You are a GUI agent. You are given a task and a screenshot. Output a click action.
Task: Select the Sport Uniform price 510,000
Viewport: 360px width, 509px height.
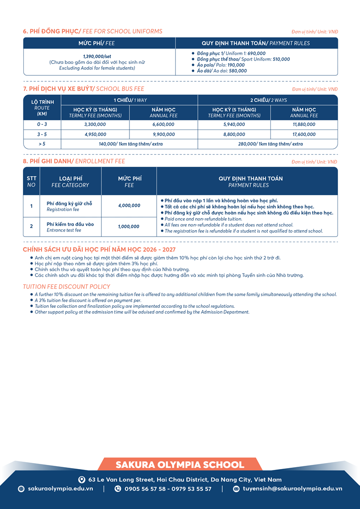[x=281, y=59]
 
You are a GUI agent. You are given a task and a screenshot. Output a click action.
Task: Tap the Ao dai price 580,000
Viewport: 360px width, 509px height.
[x=237, y=71]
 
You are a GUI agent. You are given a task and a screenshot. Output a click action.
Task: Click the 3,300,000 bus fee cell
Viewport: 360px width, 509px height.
[x=95, y=124]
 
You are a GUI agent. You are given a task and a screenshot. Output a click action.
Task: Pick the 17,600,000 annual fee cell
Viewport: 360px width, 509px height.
[x=304, y=135]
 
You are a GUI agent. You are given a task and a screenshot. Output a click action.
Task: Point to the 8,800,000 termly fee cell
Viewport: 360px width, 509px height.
[x=234, y=135]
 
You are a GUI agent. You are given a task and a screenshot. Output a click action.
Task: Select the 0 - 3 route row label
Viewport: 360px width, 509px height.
[x=42, y=124]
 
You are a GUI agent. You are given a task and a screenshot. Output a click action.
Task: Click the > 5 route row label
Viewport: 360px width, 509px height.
[x=42, y=144]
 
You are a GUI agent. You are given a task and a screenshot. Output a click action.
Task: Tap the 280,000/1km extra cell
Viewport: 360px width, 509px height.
[x=267, y=144]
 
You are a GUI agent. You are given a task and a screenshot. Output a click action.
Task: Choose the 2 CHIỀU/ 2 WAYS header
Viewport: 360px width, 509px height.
[x=267, y=100]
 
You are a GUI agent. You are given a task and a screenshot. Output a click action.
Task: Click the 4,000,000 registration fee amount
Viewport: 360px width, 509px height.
[x=129, y=206]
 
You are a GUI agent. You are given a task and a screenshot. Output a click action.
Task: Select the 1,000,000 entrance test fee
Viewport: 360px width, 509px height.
[x=129, y=226]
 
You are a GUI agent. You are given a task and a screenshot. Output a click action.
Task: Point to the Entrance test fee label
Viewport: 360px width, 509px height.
[x=64, y=230]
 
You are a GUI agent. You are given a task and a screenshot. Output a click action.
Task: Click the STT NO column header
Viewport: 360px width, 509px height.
[x=31, y=181]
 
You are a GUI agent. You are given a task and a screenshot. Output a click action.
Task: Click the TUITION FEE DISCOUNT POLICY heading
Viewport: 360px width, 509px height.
[x=67, y=287]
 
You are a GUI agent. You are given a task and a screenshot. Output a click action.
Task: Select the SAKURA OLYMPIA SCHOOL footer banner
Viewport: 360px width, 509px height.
[x=180, y=464]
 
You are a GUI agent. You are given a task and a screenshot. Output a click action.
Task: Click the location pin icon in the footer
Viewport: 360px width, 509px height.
[x=82, y=479]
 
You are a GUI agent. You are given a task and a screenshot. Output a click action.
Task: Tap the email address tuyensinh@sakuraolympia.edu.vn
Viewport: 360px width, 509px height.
[x=292, y=489]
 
